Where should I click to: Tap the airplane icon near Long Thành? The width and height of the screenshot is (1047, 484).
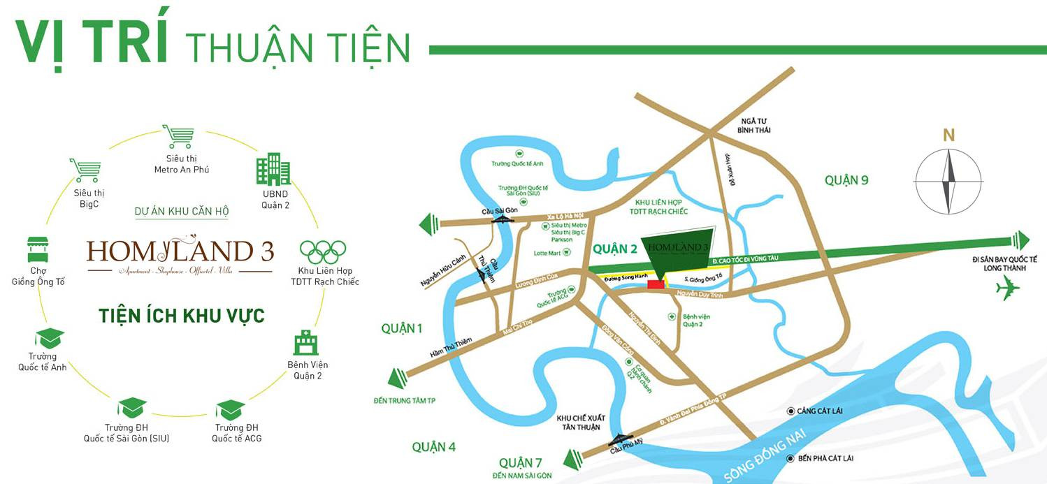[x=1008, y=288]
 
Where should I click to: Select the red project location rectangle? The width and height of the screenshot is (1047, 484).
[x=655, y=284]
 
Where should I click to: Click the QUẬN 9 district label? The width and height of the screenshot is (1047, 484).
[x=846, y=180]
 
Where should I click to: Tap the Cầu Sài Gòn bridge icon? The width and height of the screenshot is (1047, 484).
[x=502, y=219]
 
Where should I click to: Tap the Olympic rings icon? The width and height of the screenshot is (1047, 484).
[x=323, y=251]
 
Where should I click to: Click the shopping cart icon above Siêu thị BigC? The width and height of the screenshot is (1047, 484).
[x=84, y=170]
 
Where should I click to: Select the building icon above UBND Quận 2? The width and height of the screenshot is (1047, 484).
[x=273, y=170]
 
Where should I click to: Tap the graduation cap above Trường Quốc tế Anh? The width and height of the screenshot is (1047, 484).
[x=49, y=339]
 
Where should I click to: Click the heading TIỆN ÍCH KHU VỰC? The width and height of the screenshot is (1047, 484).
[x=181, y=316]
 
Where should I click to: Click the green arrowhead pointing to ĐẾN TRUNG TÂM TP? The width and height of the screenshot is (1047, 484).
[x=397, y=379]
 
